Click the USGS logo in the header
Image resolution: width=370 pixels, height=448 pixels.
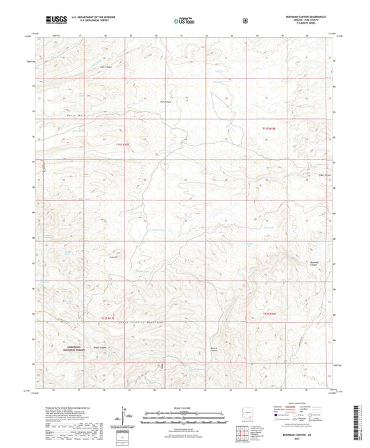(x=52, y=19)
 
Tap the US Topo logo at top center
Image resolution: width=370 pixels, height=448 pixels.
(x=184, y=20)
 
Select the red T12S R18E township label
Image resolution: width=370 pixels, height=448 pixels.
(x=270, y=314)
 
